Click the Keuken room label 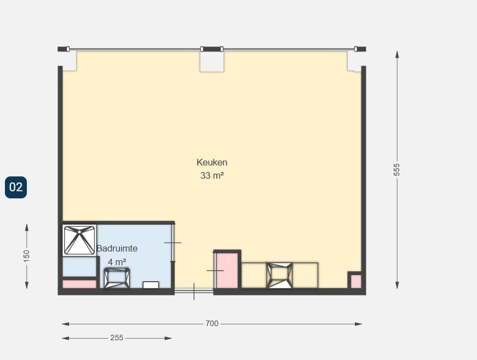[212, 163]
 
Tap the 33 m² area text [212, 175]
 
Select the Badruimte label [117, 248]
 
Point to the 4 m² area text [117, 262]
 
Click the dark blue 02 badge [16, 187]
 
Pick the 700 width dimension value [212, 323]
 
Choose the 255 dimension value [117, 338]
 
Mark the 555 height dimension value [396, 169]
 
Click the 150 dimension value [26, 256]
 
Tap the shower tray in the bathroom [79, 240]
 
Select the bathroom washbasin [117, 278]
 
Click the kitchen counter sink [279, 276]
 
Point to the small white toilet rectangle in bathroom [151, 285]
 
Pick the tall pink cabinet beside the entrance [227, 270]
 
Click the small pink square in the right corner [356, 282]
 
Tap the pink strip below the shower [79, 284]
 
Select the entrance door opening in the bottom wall [194, 291]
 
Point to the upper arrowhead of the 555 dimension [396, 54]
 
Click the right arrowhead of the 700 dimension [359, 324]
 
